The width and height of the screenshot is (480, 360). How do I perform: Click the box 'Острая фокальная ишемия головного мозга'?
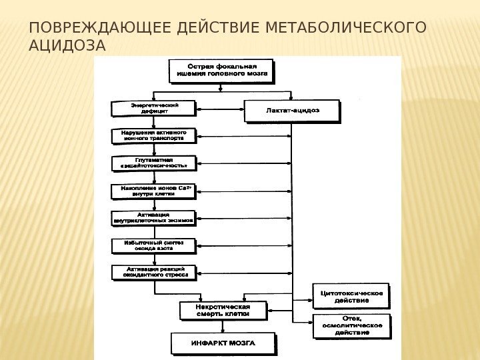222,71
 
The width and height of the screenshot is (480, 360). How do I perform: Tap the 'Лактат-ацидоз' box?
292,111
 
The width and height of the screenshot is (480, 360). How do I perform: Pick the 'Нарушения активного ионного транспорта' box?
153,136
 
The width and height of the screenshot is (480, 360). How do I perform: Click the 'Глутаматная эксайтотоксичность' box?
153,163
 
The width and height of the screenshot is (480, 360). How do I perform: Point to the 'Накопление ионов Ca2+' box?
153,191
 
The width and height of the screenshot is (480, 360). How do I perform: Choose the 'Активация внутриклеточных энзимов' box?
153,218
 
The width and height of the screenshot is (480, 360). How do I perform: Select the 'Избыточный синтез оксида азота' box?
153,245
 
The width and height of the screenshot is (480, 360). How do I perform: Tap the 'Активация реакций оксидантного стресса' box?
153,272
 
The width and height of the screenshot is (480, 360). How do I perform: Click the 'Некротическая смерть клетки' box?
223,311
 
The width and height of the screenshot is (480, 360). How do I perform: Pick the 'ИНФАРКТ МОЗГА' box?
223,343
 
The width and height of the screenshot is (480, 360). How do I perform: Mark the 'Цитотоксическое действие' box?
351,296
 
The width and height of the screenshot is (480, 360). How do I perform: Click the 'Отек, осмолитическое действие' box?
351,325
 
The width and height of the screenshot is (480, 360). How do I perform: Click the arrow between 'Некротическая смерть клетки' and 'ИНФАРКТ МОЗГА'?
223,327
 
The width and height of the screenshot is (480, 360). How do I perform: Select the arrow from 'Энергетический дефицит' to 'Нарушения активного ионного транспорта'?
154,122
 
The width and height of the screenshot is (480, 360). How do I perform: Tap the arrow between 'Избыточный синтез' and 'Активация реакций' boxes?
154,259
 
